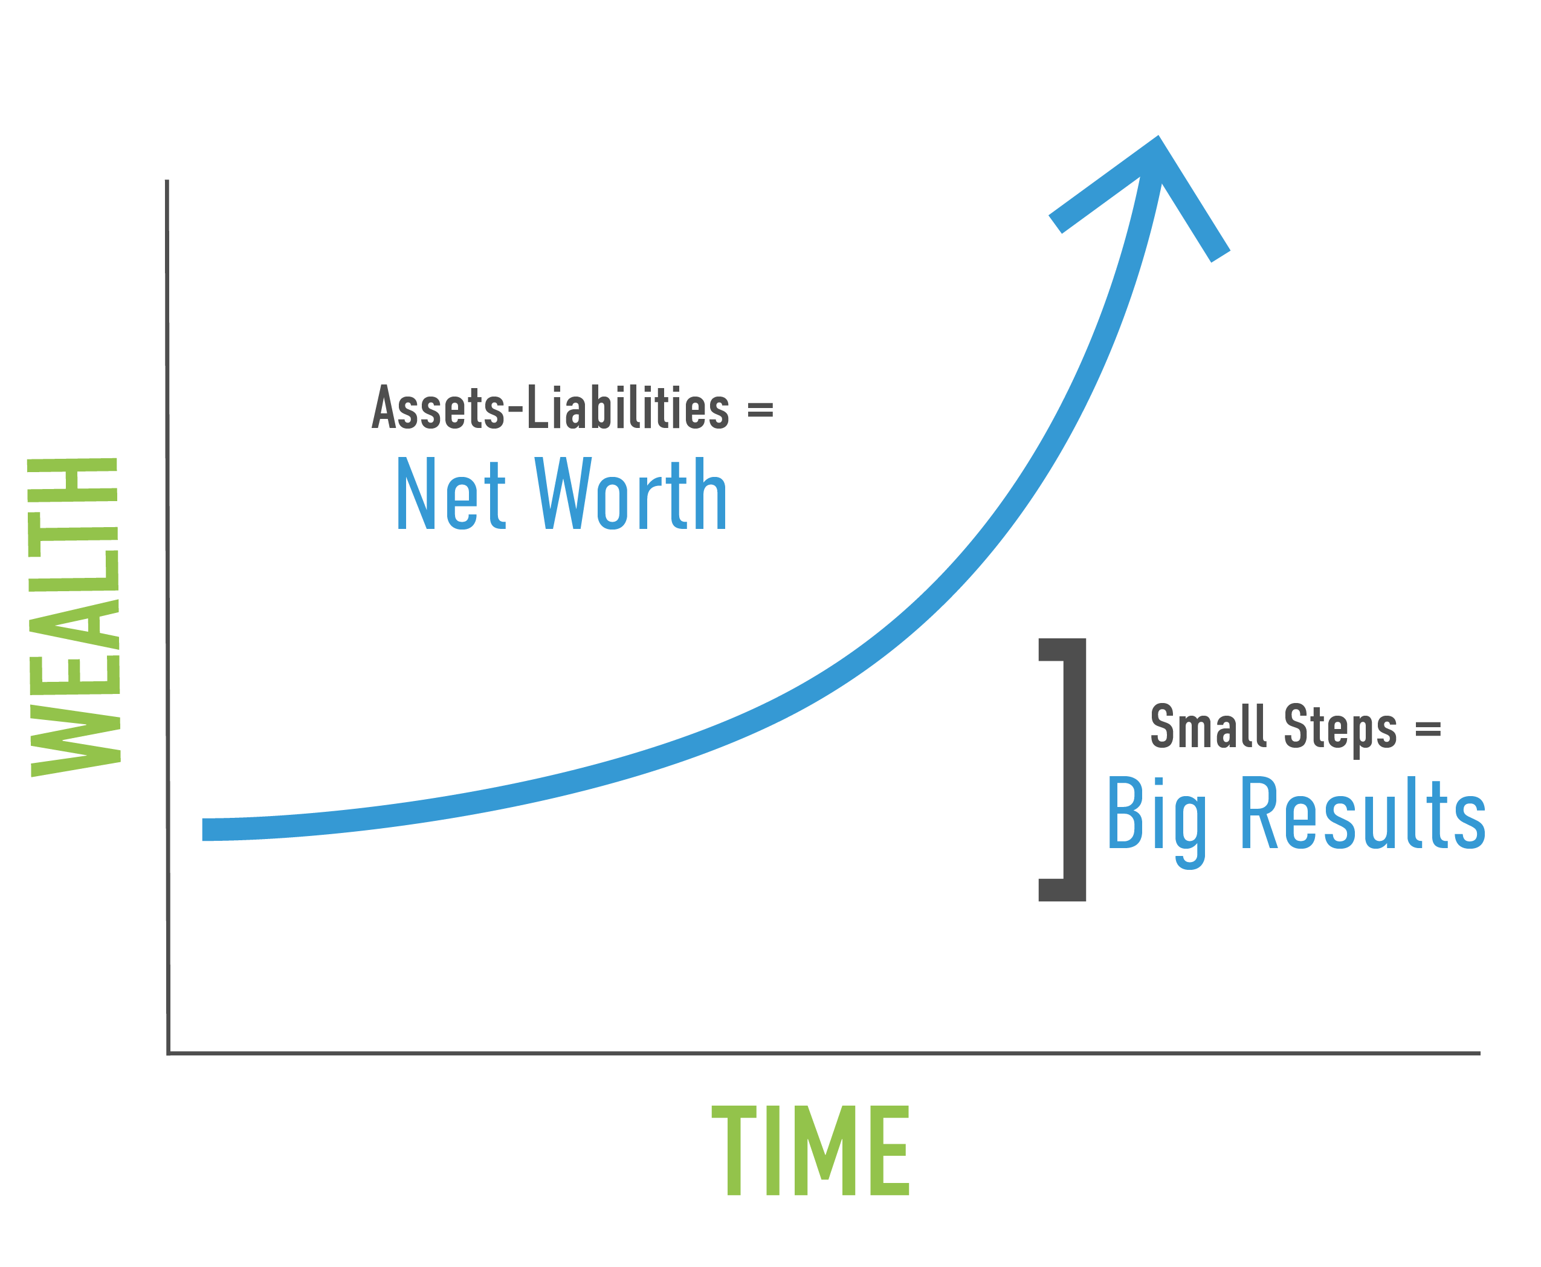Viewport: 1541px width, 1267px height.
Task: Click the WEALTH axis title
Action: (x=74, y=617)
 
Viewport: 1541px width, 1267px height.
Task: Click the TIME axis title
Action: (x=810, y=1151)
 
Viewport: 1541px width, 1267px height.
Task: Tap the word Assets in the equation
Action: (x=438, y=407)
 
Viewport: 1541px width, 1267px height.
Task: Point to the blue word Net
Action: (x=451, y=493)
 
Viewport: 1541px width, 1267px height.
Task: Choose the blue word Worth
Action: (x=630, y=493)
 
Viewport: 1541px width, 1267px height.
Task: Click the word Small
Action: (x=1207, y=726)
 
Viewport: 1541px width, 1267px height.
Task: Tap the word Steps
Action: (x=1340, y=730)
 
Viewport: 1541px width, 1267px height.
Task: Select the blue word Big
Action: (x=1157, y=822)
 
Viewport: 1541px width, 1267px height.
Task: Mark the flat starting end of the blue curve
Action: (x=203, y=830)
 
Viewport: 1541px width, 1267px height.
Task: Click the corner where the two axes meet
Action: (x=169, y=1053)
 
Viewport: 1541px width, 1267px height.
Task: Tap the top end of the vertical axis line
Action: (x=167, y=180)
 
